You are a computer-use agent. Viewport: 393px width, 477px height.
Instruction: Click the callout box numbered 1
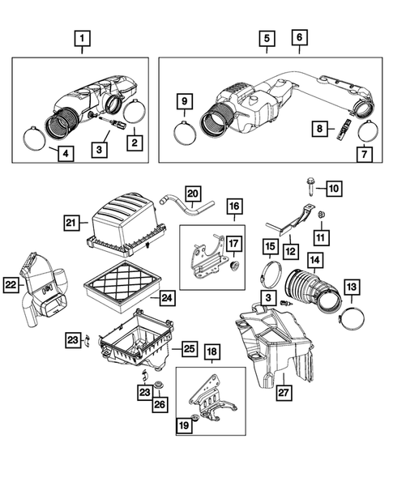pyautogui.click(x=82, y=37)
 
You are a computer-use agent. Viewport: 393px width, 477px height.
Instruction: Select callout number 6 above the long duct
pyautogui.click(x=299, y=37)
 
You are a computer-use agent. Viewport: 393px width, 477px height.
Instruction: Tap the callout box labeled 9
pyautogui.click(x=185, y=101)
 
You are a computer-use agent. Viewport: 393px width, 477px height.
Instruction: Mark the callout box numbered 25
pyautogui.click(x=188, y=349)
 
